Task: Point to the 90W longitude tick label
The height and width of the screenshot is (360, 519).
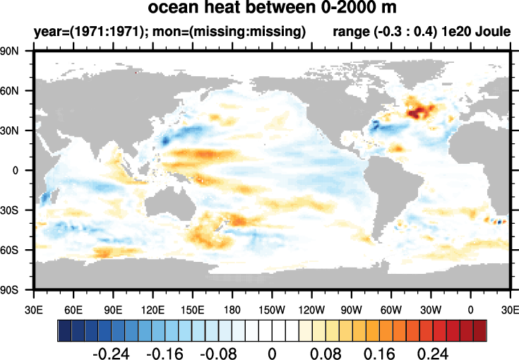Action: (x=351, y=308)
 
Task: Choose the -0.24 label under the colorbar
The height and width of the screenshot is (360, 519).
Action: (x=110, y=351)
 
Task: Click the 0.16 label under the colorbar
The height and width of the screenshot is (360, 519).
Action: (x=380, y=351)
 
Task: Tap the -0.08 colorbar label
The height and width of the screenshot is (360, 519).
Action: (x=218, y=351)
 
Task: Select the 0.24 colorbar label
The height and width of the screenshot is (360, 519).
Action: (x=434, y=351)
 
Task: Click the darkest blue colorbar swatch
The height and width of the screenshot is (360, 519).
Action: (x=64, y=329)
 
